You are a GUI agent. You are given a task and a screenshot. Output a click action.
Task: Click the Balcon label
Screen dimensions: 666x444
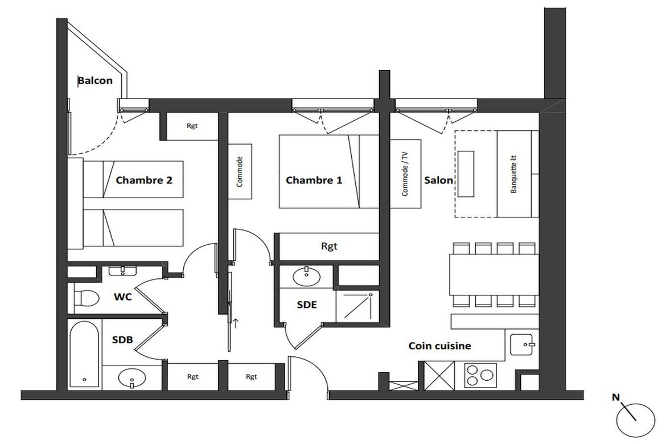click(x=95, y=80)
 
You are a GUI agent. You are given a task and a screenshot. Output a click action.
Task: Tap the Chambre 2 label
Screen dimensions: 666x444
click(x=144, y=180)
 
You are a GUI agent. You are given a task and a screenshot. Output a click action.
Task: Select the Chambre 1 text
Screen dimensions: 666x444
click(x=314, y=180)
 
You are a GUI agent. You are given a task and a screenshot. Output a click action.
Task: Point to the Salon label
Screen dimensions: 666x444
click(x=438, y=180)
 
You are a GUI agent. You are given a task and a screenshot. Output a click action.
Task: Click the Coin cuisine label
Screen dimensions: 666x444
click(x=439, y=346)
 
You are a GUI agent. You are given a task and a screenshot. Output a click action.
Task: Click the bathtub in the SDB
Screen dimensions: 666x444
click(x=84, y=354)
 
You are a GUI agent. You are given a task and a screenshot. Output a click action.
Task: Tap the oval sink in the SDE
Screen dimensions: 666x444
click(x=306, y=277)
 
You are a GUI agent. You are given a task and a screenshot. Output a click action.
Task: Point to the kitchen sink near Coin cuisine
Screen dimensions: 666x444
click(x=522, y=344)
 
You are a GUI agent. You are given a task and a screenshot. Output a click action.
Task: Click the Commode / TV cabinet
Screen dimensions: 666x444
click(x=406, y=174)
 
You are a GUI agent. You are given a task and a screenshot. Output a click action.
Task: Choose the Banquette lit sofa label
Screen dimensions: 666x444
click(x=513, y=174)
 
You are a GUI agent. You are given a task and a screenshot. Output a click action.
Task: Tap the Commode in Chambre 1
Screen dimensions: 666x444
click(x=240, y=172)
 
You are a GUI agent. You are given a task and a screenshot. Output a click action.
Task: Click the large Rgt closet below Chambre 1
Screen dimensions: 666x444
click(x=329, y=246)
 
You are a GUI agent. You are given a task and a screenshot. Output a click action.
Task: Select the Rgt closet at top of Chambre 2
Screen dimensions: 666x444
click(x=192, y=126)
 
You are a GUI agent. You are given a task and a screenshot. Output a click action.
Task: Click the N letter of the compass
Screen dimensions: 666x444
click(x=615, y=397)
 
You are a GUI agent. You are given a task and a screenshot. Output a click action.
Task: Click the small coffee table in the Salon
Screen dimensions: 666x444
click(x=466, y=174)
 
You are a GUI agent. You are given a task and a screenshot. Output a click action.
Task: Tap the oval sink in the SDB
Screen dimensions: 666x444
click(x=131, y=377)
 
